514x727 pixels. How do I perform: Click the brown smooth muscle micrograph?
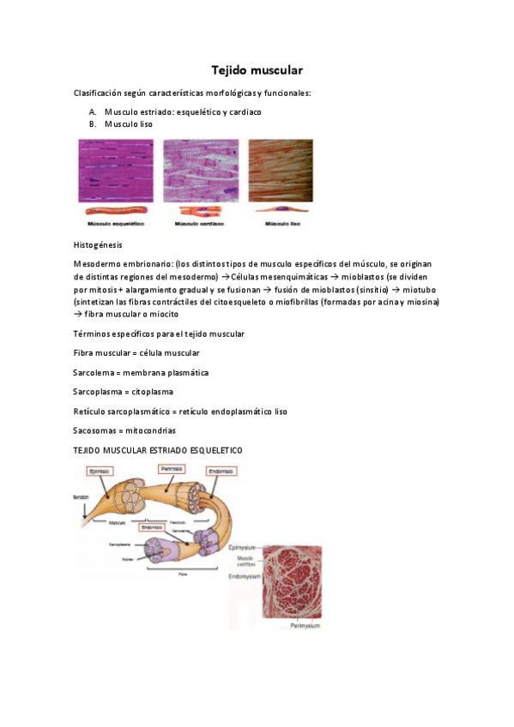(281, 171)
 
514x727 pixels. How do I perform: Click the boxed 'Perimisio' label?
(173, 469)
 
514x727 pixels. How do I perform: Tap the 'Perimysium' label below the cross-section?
(304, 626)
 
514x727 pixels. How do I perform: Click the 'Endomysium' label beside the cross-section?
(245, 578)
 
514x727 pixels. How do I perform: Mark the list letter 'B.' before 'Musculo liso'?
(92, 124)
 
